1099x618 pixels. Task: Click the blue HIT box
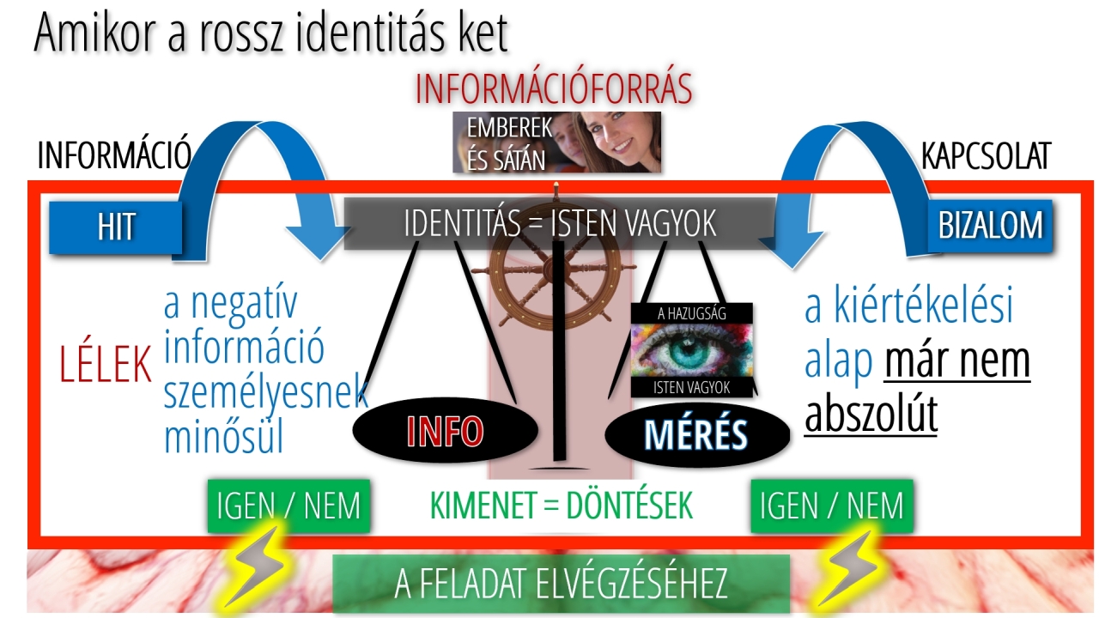click(116, 227)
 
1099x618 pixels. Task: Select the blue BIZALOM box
click(990, 226)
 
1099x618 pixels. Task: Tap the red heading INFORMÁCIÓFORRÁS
click(554, 88)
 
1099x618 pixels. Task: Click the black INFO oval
click(445, 430)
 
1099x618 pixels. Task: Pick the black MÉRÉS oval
click(696, 434)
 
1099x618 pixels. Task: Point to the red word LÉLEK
click(105, 364)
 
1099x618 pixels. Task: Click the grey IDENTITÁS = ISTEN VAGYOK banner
click(559, 224)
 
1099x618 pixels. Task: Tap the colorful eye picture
click(691, 350)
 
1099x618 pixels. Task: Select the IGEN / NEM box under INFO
click(288, 506)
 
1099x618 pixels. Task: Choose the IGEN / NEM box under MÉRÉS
click(832, 506)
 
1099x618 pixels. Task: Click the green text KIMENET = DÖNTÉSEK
click(562, 506)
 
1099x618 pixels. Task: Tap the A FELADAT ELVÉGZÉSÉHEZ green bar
click(562, 584)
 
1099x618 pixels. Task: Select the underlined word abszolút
click(871, 415)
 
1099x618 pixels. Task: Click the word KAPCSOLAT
click(987, 156)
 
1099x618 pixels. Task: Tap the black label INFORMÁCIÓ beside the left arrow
click(114, 155)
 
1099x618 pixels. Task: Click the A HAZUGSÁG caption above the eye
click(691, 314)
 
